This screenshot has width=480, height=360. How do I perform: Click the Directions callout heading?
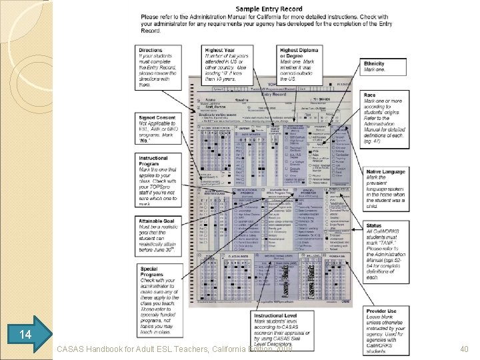[x=151, y=50]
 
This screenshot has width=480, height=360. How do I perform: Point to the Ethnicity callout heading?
[x=374, y=64]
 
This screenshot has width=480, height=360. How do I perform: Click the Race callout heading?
[x=369, y=95]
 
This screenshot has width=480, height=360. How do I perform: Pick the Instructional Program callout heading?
[x=154, y=162]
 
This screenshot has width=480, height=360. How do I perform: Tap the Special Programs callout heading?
[x=150, y=272]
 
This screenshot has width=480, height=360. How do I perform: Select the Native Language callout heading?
[x=385, y=172]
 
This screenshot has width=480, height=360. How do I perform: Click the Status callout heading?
[x=373, y=225]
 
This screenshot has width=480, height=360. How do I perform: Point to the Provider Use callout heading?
[x=381, y=310]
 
